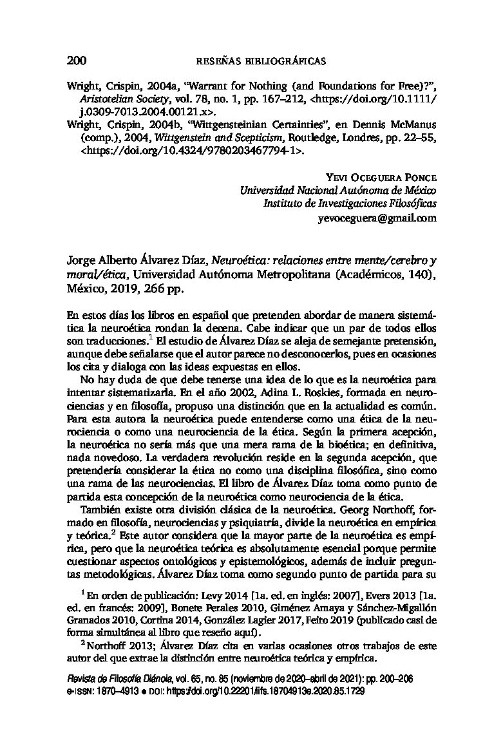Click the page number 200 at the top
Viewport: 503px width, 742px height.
click(x=77, y=61)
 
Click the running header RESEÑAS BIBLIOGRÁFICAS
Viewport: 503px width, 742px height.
click(x=260, y=62)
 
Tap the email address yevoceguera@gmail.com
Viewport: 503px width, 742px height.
click(x=377, y=218)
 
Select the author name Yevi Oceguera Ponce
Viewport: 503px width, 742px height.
click(x=382, y=178)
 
